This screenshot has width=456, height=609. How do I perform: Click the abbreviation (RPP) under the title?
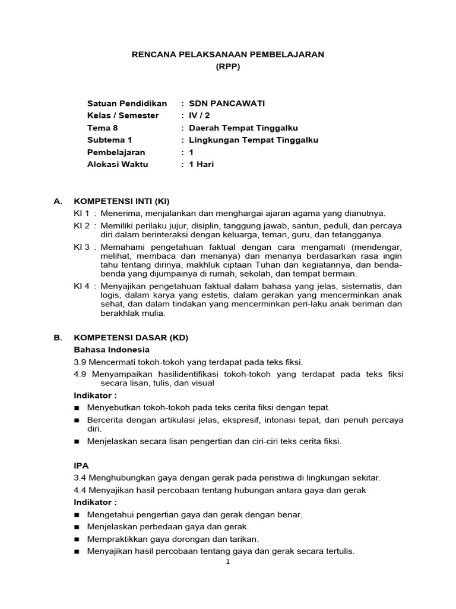[228, 67]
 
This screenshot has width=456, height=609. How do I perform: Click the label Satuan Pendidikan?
[127, 103]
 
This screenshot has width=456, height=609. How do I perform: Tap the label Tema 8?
[103, 128]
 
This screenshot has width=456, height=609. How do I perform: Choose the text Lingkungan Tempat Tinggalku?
[254, 140]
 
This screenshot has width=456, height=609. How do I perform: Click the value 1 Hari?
[201, 165]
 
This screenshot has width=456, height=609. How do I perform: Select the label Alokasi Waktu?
[118, 165]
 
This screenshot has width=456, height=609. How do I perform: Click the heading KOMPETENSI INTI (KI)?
[122, 202]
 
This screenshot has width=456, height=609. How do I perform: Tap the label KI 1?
[81, 213]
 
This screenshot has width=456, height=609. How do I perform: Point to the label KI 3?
[81, 247]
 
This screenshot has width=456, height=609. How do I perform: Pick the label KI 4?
[81, 286]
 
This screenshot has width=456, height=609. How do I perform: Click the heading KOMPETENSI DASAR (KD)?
[131, 338]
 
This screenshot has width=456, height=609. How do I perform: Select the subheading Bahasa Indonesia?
[112, 350]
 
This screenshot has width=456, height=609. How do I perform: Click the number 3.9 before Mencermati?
[80, 362]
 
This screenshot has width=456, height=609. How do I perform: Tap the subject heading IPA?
[81, 465]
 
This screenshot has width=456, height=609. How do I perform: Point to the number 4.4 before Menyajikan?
[80, 490]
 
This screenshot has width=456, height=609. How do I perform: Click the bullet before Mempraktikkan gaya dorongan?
[77, 539]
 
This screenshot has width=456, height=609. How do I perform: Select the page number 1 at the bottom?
[227, 562]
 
